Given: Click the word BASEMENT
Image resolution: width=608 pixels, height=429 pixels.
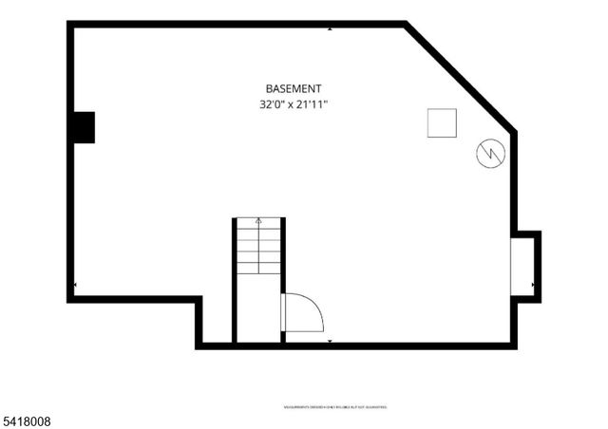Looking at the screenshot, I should click(294, 87).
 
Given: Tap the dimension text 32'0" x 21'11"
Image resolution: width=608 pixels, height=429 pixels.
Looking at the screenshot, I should click(294, 103).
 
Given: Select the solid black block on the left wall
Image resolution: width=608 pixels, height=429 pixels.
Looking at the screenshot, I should click(85, 127).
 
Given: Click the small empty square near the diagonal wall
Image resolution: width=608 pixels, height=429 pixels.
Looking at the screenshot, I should click(442, 123).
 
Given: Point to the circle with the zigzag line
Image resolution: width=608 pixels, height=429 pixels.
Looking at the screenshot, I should click(490, 153).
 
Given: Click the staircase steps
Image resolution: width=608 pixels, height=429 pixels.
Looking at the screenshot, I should click(258, 249).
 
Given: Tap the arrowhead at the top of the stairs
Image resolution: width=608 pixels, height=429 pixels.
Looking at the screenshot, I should click(258, 221).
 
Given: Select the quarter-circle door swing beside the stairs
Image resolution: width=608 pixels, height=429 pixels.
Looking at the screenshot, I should click(302, 312).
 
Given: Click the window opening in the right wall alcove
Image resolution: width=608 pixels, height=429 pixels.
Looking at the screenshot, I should click(522, 267).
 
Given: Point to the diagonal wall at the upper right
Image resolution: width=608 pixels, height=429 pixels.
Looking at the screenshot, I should click(461, 77).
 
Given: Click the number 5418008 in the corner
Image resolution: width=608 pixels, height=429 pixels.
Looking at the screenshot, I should click(26, 420).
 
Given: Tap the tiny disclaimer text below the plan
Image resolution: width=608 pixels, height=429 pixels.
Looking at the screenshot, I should click(335, 406).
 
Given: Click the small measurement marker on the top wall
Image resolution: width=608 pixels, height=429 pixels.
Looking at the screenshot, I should click(330, 28).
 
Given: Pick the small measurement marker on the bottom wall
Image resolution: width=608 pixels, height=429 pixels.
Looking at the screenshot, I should click(330, 340).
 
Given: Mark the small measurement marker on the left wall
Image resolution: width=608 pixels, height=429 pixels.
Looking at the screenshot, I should click(75, 284).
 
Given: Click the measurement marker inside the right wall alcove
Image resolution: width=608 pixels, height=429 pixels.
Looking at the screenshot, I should click(534, 284).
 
